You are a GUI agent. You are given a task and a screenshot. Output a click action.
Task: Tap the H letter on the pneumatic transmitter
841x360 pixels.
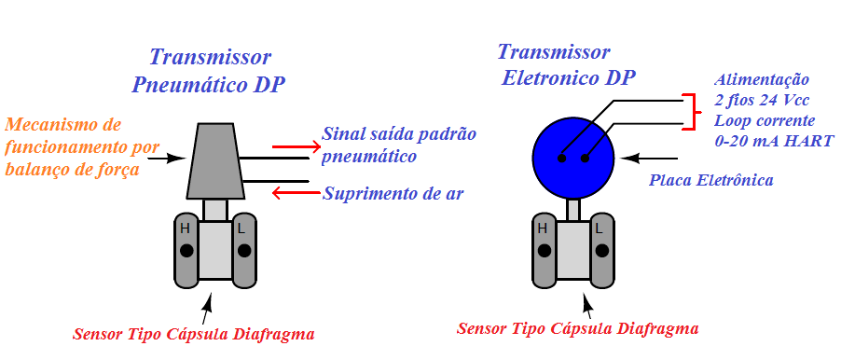[186, 228]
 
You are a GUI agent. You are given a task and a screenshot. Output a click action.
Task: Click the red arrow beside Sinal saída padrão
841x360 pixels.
[294, 145]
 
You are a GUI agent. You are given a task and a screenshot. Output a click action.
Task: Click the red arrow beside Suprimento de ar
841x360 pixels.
[294, 193]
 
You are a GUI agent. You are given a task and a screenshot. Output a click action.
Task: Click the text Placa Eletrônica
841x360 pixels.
[710, 178]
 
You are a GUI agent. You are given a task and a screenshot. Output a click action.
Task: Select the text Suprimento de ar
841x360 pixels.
[393, 194]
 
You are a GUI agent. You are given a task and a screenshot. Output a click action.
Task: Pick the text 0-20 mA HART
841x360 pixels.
[774, 141]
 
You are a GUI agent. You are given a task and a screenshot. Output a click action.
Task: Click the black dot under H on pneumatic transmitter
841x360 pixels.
[186, 251]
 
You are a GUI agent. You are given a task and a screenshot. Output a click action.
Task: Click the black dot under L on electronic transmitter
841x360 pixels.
[600, 251]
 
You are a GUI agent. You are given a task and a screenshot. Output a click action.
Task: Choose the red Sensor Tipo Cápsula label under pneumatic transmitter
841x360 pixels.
[193, 333]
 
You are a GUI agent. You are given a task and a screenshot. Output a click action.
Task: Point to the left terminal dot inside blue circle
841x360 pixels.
[561, 159]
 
